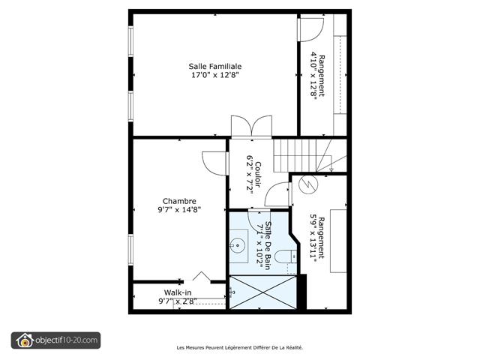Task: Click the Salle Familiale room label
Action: [x=214, y=66]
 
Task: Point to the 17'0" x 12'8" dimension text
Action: [x=214, y=75]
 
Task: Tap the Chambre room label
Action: [x=179, y=201]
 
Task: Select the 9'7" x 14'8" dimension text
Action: [x=179, y=210]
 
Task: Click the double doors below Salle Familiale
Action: [x=250, y=126]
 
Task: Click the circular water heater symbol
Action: [x=307, y=183]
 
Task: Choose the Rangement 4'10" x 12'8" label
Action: [x=318, y=75]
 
